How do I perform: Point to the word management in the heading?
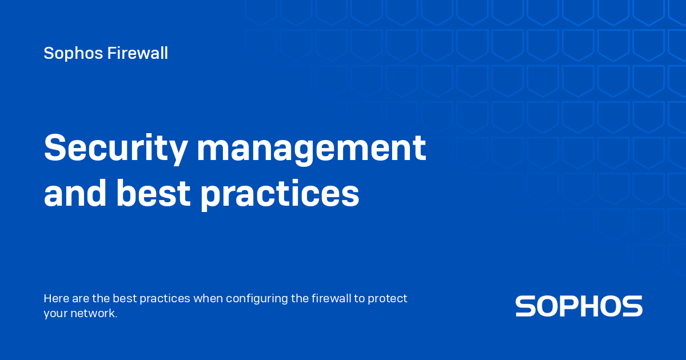(x=311, y=147)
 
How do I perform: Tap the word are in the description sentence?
(x=78, y=298)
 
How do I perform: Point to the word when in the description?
(x=208, y=298)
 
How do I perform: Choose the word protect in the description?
(x=388, y=299)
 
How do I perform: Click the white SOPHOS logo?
(x=579, y=306)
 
